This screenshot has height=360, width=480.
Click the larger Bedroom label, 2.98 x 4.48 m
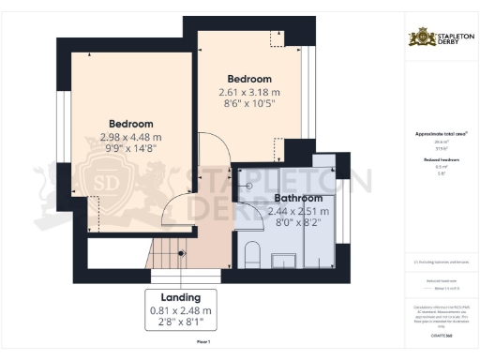130,124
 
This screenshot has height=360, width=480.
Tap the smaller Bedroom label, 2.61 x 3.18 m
249,79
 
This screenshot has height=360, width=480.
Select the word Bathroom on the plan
298,199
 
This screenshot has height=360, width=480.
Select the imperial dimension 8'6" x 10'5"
249,105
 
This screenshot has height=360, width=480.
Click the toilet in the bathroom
251,254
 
